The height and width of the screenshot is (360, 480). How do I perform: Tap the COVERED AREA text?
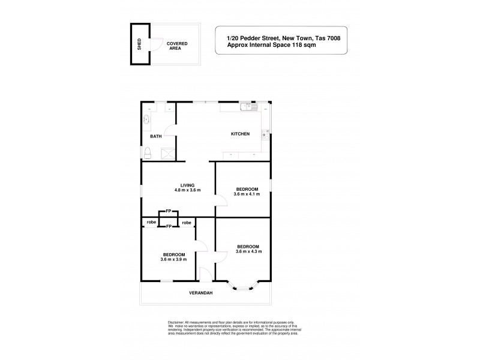pos(176,46)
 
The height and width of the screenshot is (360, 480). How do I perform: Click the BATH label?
pos(156,137)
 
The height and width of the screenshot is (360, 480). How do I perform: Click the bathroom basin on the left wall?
pos(147,119)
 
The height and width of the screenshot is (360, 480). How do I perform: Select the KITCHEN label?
pos(240,134)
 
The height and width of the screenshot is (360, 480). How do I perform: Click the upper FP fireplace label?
pos(169,212)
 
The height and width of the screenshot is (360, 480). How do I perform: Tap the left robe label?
pos(151,223)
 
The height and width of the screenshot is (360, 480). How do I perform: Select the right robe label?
pos(187,223)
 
